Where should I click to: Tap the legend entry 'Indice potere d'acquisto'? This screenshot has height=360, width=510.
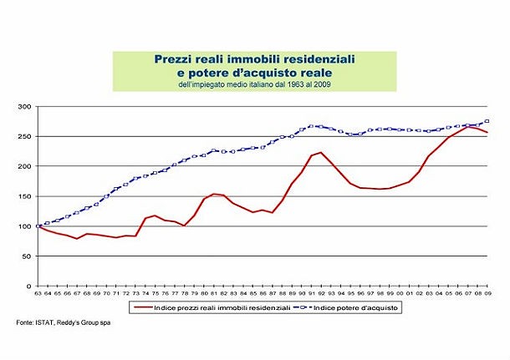(353, 307)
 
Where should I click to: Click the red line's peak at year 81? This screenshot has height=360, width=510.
(214, 194)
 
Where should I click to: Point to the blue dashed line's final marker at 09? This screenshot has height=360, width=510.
(487, 121)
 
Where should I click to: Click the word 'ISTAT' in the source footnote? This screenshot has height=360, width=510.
(48, 322)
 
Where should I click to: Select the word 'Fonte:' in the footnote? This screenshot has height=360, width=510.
(25, 322)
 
